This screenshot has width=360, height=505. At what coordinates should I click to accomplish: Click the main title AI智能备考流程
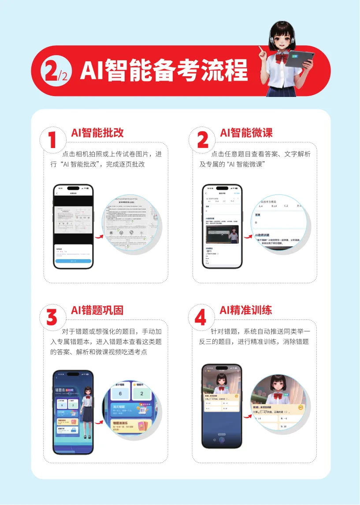[x=164, y=71]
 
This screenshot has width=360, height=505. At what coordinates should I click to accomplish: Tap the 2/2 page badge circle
[x=55, y=71]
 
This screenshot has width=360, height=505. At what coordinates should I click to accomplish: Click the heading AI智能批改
[x=97, y=133]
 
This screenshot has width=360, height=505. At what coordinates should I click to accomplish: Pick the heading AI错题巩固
[x=97, y=310]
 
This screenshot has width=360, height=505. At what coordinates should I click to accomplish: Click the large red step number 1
[x=53, y=141]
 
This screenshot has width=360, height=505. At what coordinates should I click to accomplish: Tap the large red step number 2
[x=202, y=141]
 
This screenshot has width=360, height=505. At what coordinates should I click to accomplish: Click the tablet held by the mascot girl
[x=301, y=59]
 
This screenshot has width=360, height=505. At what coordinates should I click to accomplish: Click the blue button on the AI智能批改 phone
[x=73, y=261]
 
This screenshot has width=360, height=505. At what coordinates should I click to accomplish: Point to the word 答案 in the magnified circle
[x=261, y=215]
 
